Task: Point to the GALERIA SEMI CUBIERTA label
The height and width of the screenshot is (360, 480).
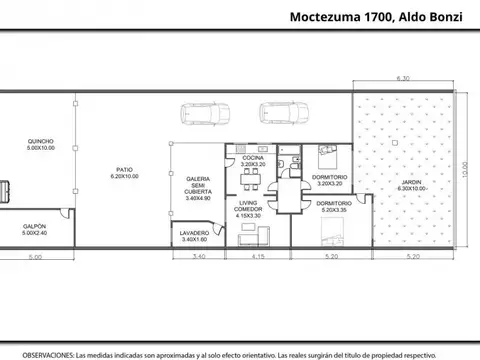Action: pyautogui.click(x=197, y=187)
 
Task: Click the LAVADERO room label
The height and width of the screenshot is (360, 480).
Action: pyautogui.click(x=194, y=236)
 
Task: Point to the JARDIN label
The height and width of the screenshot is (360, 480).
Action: pyautogui.click(x=411, y=185)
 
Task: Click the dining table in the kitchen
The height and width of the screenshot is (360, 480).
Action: pyautogui.click(x=251, y=178)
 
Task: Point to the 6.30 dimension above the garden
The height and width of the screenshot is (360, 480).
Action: pyautogui.click(x=403, y=77)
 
